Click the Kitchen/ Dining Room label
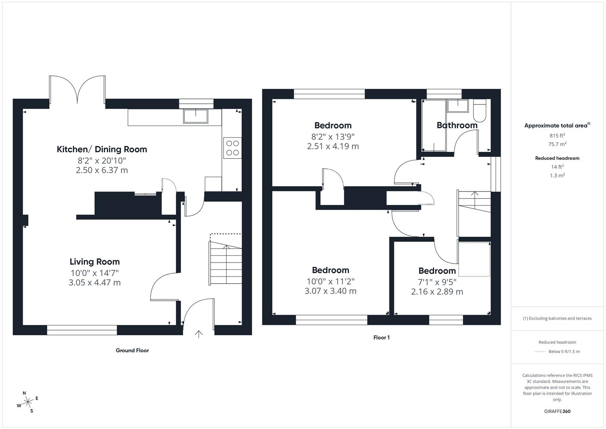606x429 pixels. click(102, 149)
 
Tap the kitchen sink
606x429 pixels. click(196, 116)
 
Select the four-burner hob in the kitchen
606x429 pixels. click(233, 148)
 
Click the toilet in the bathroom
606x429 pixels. click(479, 110)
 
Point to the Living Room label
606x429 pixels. click(95, 262)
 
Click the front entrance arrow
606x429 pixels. click(198, 334)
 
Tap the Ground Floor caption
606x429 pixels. click(132, 350)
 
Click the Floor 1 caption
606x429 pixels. click(381, 338)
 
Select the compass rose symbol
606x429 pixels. click(28, 402)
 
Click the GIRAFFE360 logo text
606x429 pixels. click(557, 411)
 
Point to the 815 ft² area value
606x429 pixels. click(557, 136)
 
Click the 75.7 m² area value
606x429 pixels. click(557, 144)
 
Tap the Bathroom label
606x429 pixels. click(457, 125)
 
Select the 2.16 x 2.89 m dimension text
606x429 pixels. click(437, 292)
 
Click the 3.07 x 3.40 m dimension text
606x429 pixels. click(330, 291)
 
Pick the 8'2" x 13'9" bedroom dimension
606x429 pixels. click(333, 136)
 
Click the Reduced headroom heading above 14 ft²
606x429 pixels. click(557, 158)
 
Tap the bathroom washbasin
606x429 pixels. click(458, 106)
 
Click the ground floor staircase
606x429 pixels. click(225, 263)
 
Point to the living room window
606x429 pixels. click(82, 330)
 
